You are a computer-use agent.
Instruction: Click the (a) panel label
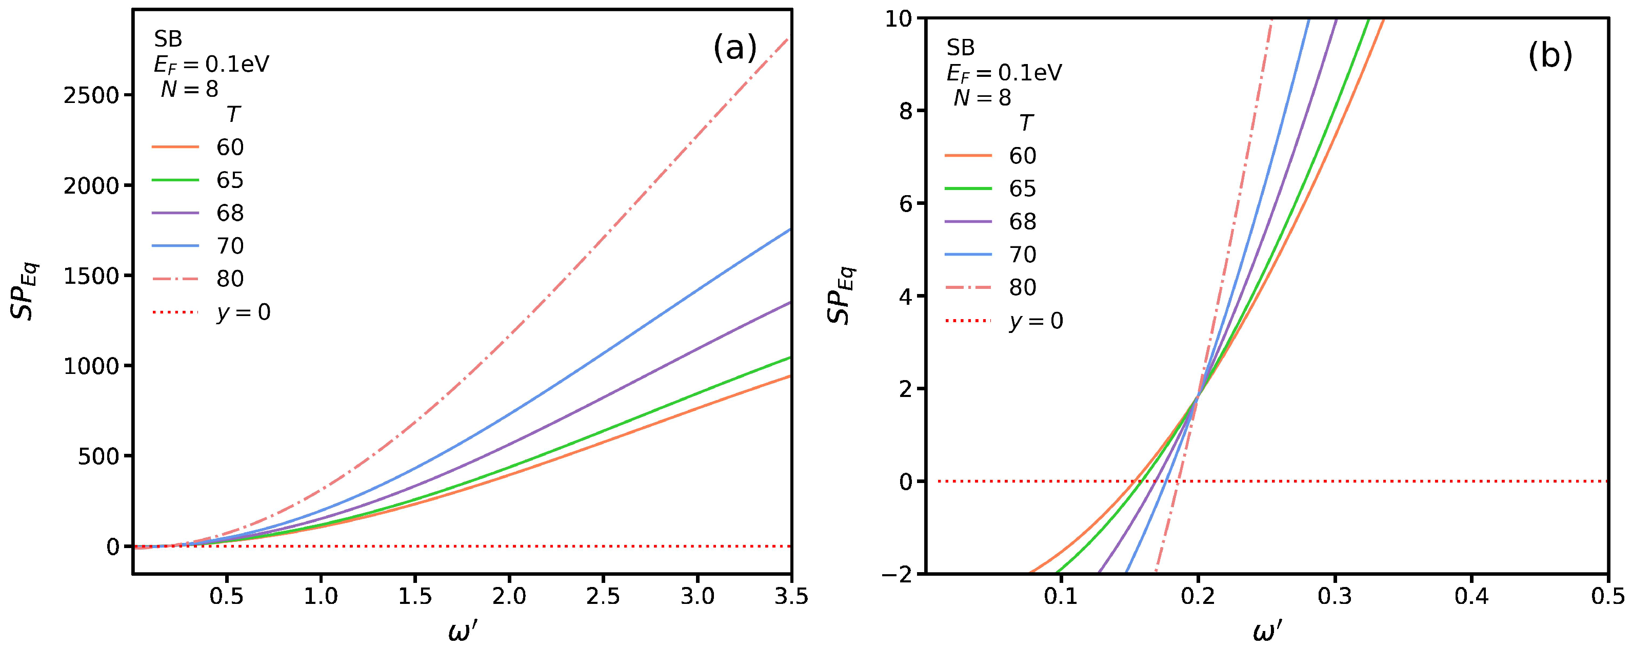point(734,49)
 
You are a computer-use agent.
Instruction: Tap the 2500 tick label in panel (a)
point(91,96)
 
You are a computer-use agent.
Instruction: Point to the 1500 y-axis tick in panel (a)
point(91,277)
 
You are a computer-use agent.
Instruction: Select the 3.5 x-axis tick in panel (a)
point(791,596)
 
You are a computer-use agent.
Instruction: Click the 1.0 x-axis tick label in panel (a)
point(321,596)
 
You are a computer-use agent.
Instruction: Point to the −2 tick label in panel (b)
point(899,573)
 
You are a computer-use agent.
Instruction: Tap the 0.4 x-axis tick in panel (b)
point(1471,596)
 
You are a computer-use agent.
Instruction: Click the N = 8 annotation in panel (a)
point(189,89)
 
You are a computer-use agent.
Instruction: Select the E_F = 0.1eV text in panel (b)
point(1004,73)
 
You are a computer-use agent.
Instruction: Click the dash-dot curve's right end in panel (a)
point(789,39)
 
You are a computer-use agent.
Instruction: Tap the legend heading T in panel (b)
point(1026,123)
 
